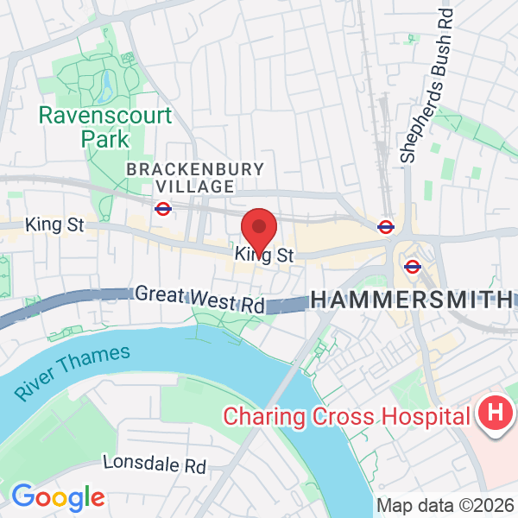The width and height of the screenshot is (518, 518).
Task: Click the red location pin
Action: [258, 229]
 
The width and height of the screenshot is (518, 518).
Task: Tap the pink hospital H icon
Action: [495, 415]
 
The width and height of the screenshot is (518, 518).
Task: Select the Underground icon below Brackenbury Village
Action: [161, 208]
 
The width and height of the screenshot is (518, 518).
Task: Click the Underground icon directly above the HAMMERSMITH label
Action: [412, 267]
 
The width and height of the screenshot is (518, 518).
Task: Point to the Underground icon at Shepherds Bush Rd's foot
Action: [386, 227]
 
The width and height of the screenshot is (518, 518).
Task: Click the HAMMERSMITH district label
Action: [410, 300]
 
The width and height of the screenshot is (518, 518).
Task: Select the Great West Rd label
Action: [199, 300]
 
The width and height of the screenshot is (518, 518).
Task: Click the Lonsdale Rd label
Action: [155, 464]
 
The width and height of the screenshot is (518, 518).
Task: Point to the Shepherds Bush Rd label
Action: [422, 86]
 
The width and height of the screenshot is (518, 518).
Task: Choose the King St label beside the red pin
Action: [265, 256]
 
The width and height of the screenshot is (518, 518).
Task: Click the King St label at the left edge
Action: [54, 224]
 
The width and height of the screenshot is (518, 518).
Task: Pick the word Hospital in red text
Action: [422, 416]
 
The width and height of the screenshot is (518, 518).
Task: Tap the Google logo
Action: [58, 497]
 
